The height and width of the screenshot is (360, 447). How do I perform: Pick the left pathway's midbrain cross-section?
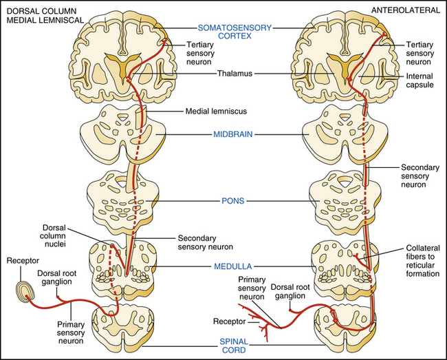(122, 131)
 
